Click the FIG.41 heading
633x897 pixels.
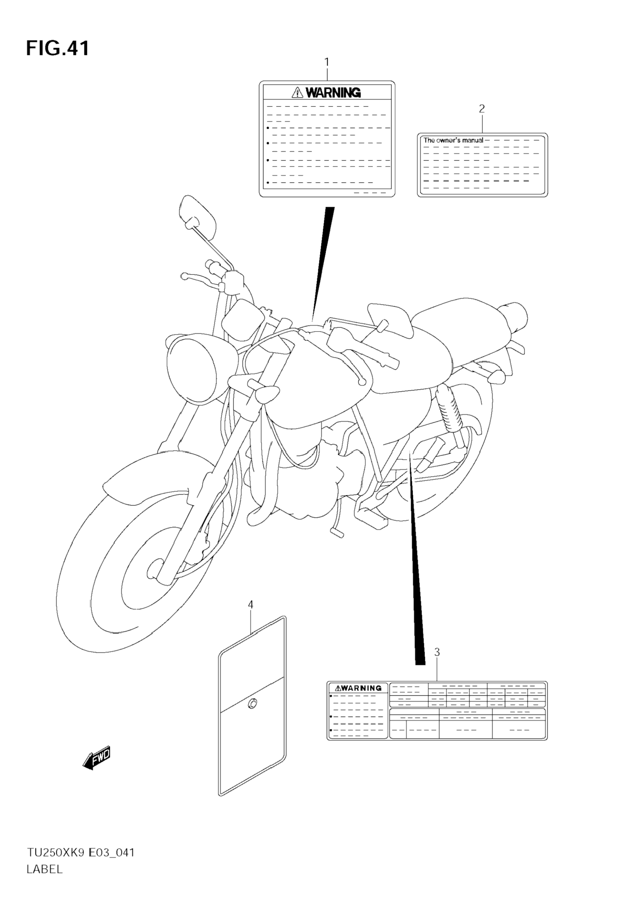click(x=58, y=48)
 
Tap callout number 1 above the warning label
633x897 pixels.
click(x=327, y=62)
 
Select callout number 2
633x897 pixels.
click(x=482, y=109)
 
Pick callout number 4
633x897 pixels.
click(x=251, y=605)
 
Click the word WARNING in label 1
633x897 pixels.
click(x=333, y=93)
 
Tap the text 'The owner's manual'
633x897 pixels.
click(x=453, y=140)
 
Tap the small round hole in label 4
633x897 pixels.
click(x=252, y=704)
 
